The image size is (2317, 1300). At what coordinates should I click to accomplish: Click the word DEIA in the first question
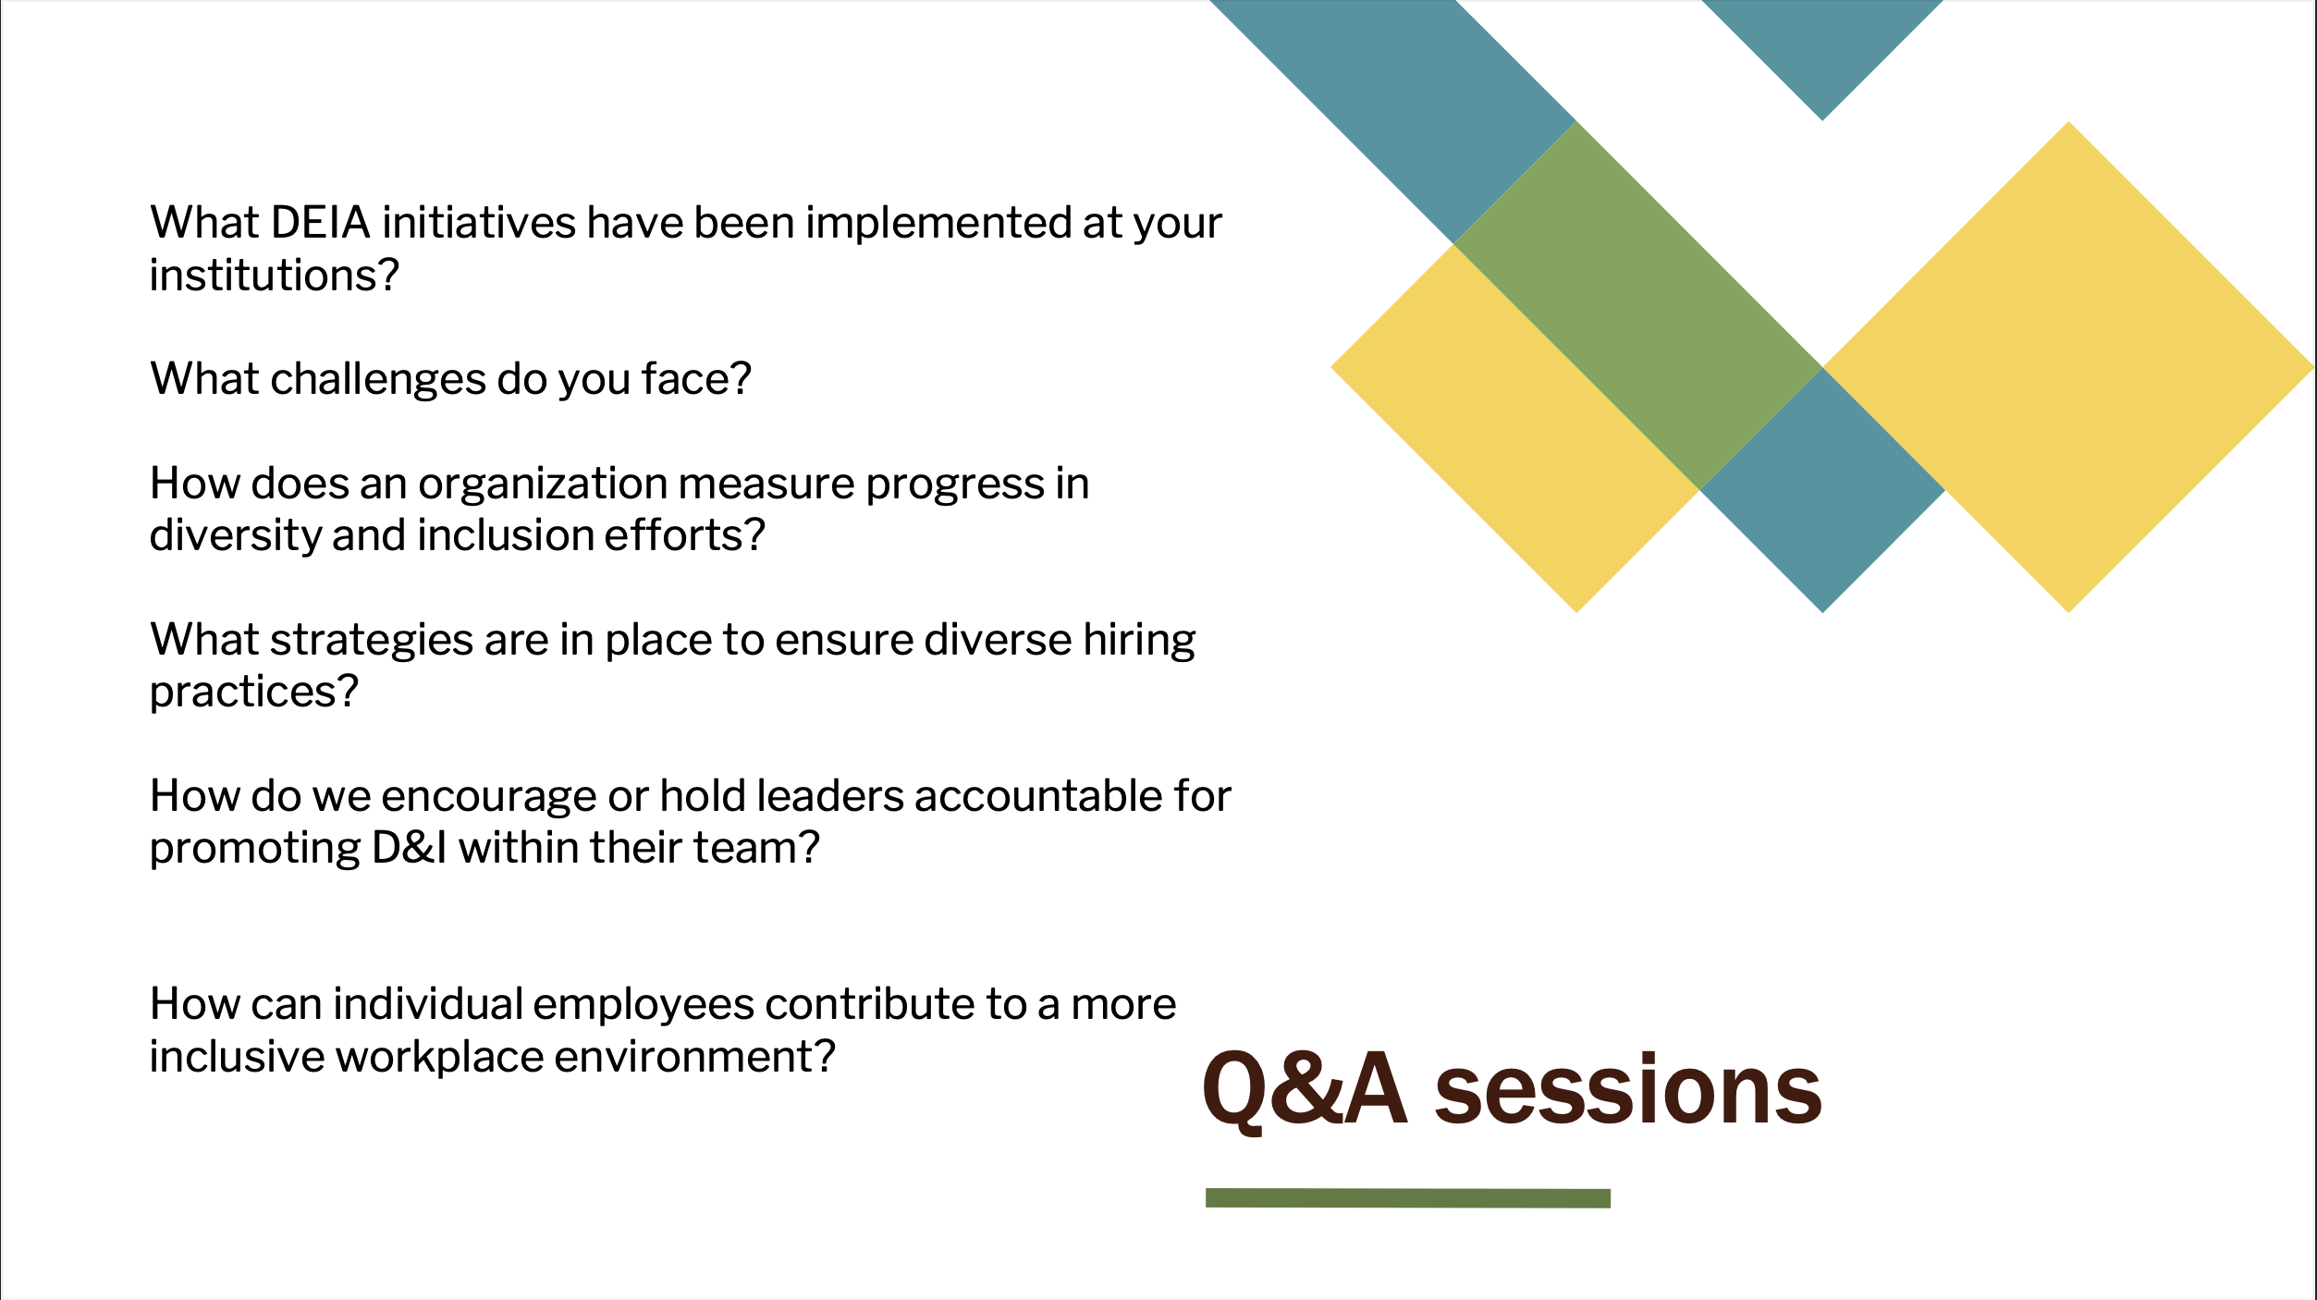coord(321,223)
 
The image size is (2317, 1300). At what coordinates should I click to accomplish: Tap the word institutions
coord(275,276)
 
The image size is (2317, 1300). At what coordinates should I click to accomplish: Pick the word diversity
coord(235,536)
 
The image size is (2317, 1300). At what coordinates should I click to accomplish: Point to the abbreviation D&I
coord(410,849)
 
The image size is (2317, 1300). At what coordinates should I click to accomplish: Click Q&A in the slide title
coord(1305,1091)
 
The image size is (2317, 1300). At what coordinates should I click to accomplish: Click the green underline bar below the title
coord(1407,1198)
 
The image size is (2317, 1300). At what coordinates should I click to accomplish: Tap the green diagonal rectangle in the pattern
coord(1637,305)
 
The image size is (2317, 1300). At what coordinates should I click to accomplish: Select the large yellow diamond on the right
coord(2069,367)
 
